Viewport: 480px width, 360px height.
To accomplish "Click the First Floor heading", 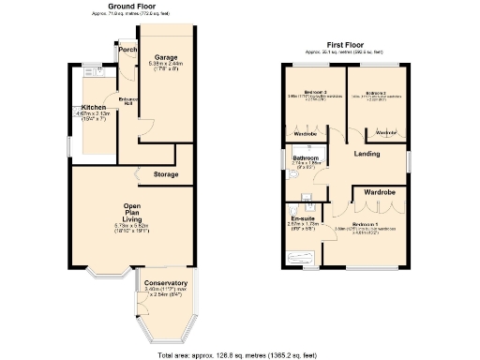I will coord(345,43).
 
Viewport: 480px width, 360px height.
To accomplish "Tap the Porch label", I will coord(128,49).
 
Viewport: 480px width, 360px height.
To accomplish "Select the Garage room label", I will coord(166,57).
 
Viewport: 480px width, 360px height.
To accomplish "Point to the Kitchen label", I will coord(95,107).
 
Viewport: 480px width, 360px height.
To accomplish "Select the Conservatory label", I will coord(166,284).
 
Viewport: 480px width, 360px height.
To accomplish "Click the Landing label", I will coord(367,154).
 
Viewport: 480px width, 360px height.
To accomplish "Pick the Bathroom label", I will coord(307,158).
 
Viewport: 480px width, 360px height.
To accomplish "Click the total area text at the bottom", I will coord(239,353).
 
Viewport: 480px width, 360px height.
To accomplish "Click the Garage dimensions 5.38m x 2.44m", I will coord(168,65).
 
